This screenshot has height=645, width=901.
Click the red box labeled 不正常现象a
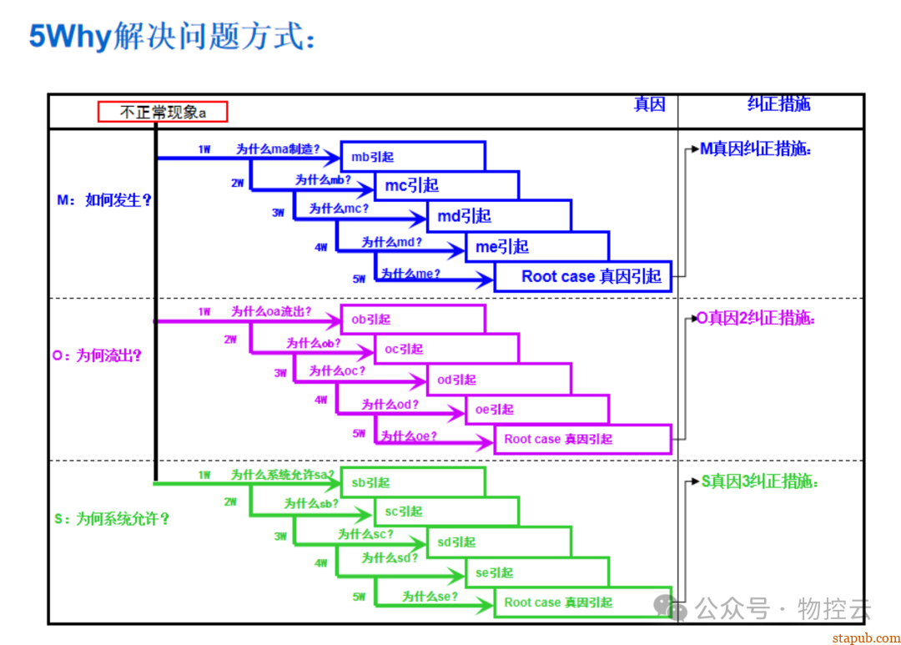(162, 112)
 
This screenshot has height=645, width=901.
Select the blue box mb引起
(412, 156)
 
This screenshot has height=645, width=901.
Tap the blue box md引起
(499, 216)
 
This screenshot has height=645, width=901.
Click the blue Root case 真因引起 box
(582, 276)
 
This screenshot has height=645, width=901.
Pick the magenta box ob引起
(412, 319)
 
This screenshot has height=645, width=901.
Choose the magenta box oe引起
(537, 409)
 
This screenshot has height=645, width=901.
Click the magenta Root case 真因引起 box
(582, 439)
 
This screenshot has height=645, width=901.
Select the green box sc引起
(446, 511)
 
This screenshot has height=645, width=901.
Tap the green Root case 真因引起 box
(582, 602)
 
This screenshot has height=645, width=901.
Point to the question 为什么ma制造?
(278, 149)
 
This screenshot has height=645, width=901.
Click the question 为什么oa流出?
(271, 311)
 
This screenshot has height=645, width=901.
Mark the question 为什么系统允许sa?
(283, 475)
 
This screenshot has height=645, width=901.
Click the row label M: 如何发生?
(104, 200)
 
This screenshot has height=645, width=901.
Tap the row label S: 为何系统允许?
(111, 519)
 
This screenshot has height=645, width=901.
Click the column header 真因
(649, 104)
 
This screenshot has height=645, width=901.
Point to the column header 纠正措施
(778, 104)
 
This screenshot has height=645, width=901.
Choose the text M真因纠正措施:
(756, 149)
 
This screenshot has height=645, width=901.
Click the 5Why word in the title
(70, 38)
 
